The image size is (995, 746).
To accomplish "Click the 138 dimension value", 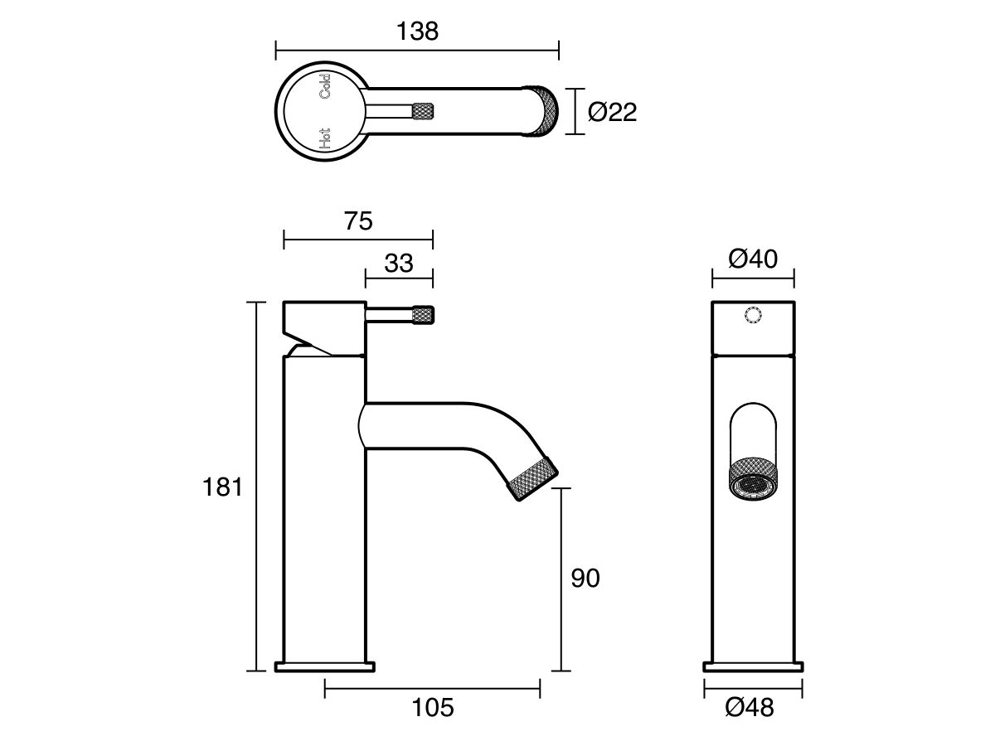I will tap(417, 31).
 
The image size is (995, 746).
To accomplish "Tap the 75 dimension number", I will tap(357, 221).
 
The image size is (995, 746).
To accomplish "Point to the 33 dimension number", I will tap(399, 264).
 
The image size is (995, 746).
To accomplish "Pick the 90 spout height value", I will tap(585, 579).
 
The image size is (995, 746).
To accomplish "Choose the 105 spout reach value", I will tap(432, 709).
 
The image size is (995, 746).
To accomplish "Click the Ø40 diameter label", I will tap(753, 259).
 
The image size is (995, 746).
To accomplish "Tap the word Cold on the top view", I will tap(324, 87).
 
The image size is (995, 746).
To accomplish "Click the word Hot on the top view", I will tap(324, 138).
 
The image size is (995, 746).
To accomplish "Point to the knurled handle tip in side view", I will tap(424, 316).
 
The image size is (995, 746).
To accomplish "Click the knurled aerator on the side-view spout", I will tap(531, 477).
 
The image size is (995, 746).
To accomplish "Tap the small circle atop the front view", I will tap(753, 316).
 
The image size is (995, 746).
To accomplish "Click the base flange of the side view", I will tap(325, 666).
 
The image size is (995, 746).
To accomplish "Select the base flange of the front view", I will tap(753, 666).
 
